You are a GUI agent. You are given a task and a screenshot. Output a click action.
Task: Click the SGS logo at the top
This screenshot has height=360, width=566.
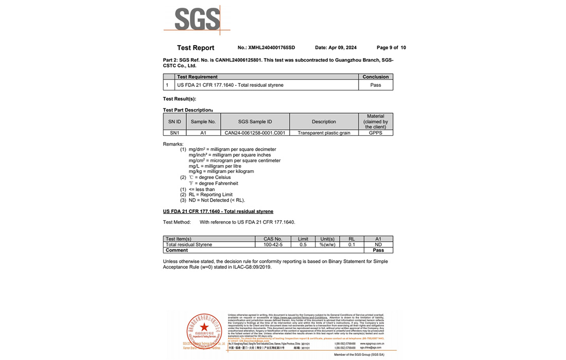[197, 20]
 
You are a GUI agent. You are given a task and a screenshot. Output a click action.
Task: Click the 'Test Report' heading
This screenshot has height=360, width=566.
[196, 48]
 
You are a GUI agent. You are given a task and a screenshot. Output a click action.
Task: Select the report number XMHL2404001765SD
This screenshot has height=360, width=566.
[272, 48]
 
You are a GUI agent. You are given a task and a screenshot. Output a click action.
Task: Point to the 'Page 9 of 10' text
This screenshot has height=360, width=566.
[391, 48]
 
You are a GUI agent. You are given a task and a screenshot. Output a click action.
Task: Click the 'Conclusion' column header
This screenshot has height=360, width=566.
[376, 77]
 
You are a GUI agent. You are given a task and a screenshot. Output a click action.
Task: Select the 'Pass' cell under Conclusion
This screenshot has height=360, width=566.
[376, 85]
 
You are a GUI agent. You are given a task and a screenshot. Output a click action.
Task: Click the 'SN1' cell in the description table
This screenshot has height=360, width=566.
[175, 133]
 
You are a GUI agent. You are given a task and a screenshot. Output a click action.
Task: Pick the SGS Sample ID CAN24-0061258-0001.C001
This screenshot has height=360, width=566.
[255, 133]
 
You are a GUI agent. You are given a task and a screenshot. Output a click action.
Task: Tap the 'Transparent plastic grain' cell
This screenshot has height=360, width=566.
[324, 133]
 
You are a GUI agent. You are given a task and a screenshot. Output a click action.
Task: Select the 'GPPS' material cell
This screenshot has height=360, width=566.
[376, 133]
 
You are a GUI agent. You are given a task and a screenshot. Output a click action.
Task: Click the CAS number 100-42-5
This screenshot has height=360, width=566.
[273, 245]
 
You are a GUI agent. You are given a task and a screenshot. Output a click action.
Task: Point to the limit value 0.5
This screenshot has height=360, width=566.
[303, 245]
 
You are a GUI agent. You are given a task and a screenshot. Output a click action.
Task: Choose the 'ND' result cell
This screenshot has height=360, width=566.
[378, 245]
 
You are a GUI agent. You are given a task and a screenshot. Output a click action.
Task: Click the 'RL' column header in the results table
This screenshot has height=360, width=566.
[351, 239]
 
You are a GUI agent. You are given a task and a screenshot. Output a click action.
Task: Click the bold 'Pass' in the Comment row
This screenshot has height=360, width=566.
[378, 250]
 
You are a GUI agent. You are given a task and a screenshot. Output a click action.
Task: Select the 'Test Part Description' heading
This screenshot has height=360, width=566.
[187, 110]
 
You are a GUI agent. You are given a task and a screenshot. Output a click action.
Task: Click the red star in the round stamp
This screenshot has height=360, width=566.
[204, 327]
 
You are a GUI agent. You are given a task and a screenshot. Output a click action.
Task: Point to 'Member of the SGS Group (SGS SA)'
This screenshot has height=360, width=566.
[359, 355]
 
